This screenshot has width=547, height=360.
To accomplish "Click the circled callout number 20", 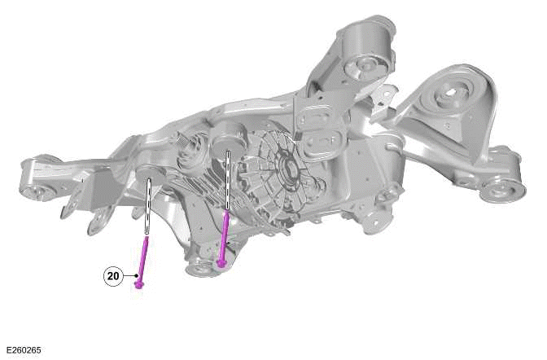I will point(113,276).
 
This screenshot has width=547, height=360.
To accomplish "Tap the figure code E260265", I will point(23,350).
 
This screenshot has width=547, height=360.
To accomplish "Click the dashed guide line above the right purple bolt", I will point(228,179).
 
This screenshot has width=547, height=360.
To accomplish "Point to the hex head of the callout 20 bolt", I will point(139,284).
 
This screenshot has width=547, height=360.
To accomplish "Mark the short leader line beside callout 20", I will point(129,277).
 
